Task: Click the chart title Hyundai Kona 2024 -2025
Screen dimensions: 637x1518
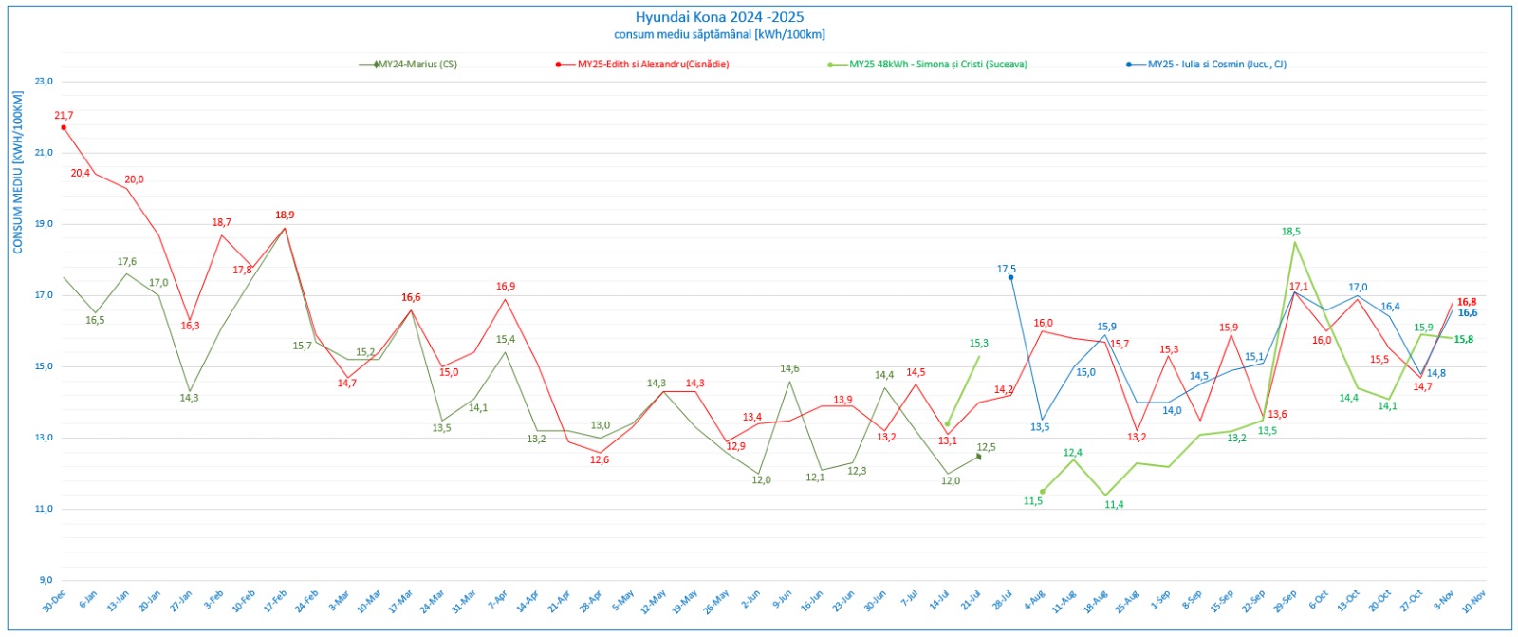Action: [719, 17]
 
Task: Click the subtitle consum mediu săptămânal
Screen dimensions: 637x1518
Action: [719, 34]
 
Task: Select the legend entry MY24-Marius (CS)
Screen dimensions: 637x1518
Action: [417, 65]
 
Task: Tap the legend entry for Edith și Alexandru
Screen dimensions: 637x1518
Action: [653, 65]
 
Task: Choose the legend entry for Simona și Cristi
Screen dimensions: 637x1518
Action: [937, 65]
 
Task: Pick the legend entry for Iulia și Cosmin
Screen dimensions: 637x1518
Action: [1216, 65]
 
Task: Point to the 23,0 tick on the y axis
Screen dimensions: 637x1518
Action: [44, 82]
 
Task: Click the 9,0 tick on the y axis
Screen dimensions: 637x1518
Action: [45, 580]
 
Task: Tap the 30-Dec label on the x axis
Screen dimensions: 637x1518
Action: [53, 601]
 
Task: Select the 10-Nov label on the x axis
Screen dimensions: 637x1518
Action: [1473, 601]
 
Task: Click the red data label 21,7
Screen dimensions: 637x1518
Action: [64, 116]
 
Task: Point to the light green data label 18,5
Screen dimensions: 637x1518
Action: [1291, 232]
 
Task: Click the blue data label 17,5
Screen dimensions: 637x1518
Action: [1007, 270]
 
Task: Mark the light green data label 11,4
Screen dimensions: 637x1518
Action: [1114, 505]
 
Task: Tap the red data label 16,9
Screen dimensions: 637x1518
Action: [506, 287]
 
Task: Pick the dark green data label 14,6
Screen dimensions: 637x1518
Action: [789, 369]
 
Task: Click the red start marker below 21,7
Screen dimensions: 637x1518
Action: [64, 127]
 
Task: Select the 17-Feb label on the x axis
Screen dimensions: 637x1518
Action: [274, 601]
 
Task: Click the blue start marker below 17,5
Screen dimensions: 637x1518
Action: [1010, 277]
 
